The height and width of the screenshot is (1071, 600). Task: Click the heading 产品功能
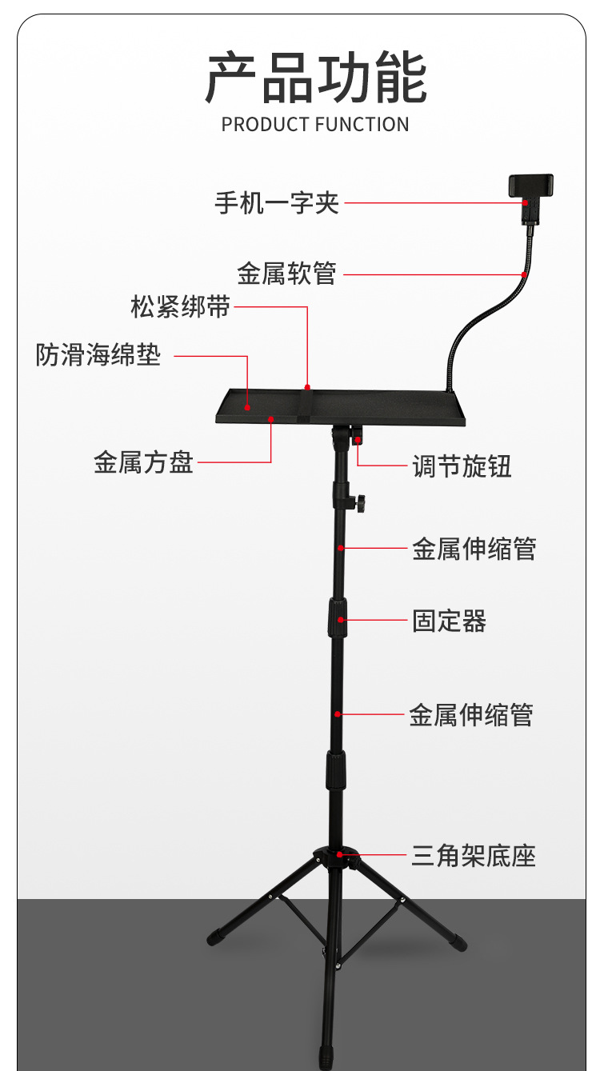coord(316,78)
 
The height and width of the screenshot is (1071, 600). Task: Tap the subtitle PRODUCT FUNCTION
coord(315,125)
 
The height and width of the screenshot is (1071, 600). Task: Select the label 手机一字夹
coord(277,203)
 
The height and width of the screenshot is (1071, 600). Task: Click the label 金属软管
coord(286,274)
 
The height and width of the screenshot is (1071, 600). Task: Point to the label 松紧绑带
coord(180,306)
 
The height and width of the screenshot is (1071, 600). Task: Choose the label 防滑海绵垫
coord(98,355)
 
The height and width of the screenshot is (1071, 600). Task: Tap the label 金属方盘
coord(143,463)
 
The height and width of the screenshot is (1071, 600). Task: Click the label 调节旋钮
coord(462,466)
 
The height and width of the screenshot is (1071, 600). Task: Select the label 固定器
coord(449,621)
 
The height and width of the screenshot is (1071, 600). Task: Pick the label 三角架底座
coord(473,857)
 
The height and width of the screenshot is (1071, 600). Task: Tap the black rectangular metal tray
coord(376,407)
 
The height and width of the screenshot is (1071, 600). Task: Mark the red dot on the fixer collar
coord(341,620)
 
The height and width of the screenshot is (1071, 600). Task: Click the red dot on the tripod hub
coord(340,855)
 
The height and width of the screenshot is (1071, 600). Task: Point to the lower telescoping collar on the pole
coord(335,772)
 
